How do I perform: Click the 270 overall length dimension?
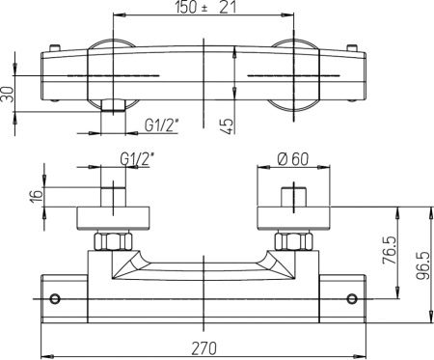204,347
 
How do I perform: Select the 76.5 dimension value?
390,250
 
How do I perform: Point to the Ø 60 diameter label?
293,159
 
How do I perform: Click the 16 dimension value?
37,196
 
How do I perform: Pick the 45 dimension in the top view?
227,126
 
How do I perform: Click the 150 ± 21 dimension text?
205,8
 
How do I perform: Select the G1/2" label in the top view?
162,125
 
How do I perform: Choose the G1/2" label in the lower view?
138,159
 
